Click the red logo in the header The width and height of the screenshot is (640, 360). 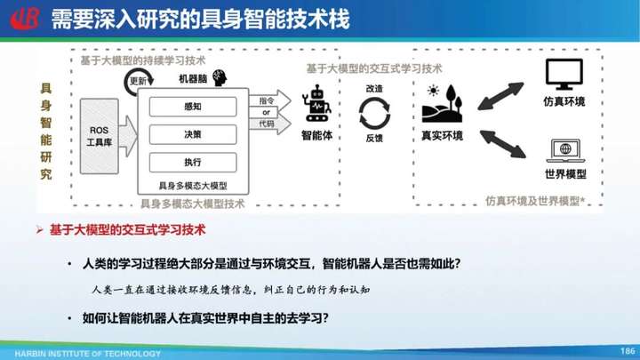click(25, 19)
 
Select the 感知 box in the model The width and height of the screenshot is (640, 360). click(193, 107)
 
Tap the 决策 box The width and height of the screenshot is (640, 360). click(193, 134)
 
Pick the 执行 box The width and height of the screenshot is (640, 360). click(193, 162)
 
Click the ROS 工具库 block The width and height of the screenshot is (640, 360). click(100, 136)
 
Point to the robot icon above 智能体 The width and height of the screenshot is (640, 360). click(316, 104)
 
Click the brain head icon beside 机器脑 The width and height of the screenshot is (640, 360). click(220, 77)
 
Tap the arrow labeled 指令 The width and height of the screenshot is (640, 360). click(270, 100)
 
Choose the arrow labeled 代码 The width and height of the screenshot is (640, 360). click(270, 124)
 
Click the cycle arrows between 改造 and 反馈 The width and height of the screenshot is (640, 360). click(374, 113)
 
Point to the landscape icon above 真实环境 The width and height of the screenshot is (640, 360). click(442, 104)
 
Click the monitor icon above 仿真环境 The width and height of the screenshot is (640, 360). click(564, 75)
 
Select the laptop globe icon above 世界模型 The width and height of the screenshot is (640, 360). click(565, 150)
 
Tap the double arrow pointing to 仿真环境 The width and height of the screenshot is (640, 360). click(500, 96)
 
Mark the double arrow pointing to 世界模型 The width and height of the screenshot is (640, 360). click(503, 144)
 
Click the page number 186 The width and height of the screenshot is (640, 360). click(628, 350)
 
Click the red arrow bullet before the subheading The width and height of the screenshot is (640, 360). click(40, 230)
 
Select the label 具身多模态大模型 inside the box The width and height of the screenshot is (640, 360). click(193, 186)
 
